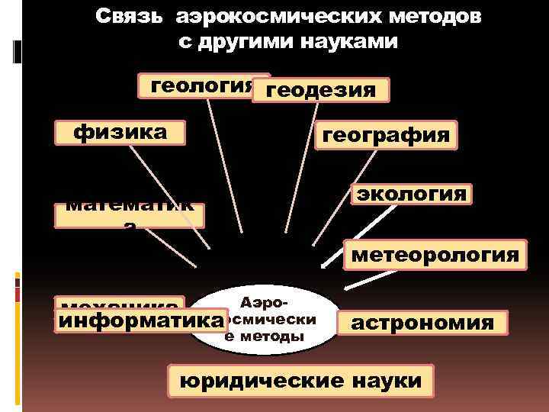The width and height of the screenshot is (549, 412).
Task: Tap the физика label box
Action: click(120, 132)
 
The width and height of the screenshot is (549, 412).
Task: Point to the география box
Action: click(386, 135)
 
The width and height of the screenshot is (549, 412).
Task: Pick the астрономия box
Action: click(422, 323)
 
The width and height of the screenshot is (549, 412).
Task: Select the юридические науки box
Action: click(300, 379)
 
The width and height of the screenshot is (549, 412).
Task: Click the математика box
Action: click(129, 214)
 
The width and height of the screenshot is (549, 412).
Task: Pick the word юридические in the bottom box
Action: click(257, 379)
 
